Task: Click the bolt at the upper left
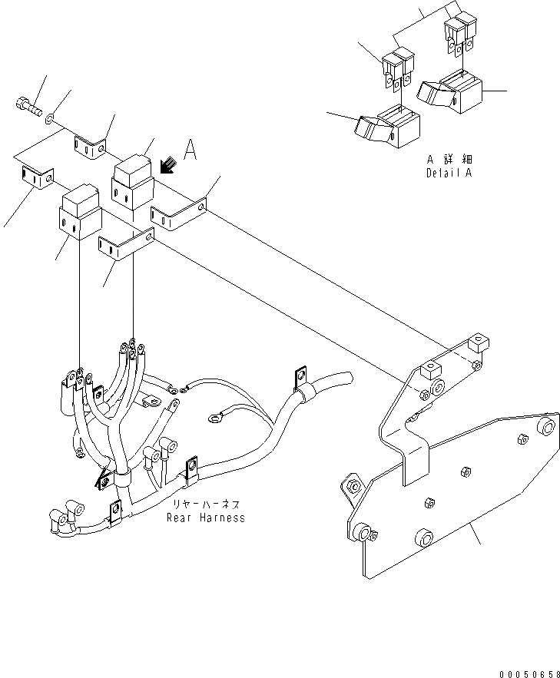pos(27,106)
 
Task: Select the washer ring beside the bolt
pos(50,118)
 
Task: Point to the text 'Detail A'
pos(449,173)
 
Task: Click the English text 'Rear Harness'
pos(206,518)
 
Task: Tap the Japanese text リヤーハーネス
pos(206,504)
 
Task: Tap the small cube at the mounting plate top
pos(479,340)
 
